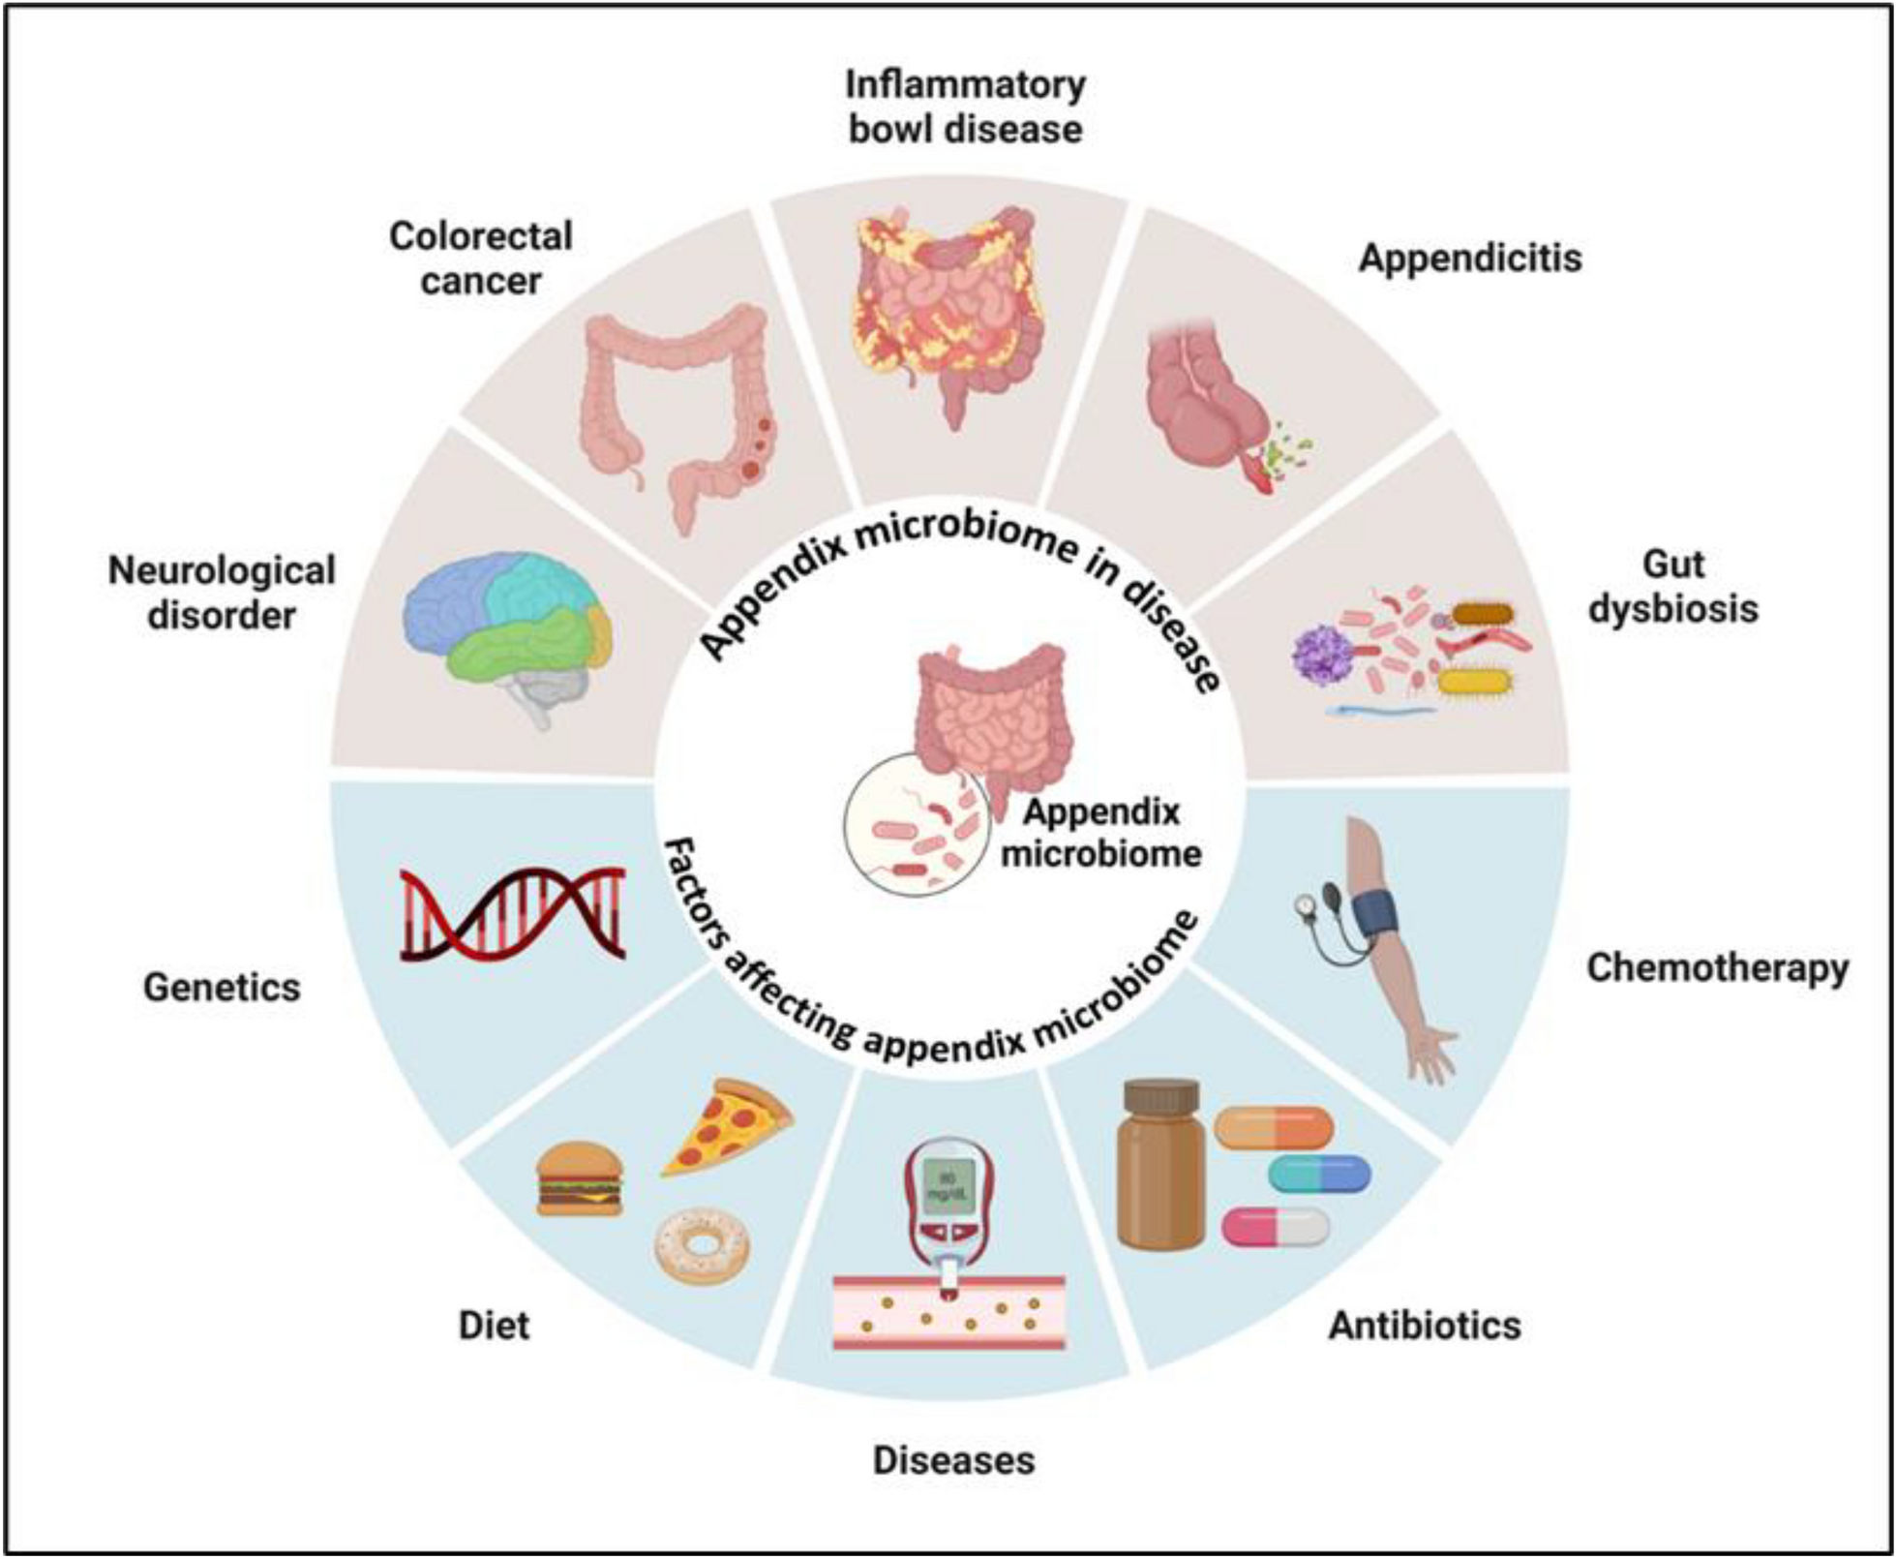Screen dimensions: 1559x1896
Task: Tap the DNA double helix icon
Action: tap(513, 913)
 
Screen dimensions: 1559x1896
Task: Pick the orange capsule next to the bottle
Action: tap(1274, 1128)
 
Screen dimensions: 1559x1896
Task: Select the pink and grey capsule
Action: tap(1275, 1227)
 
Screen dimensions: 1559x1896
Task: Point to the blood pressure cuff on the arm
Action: tap(1374, 914)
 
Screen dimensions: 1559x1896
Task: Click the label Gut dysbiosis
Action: tap(1673, 587)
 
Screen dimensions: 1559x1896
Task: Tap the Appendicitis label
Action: tap(1470, 259)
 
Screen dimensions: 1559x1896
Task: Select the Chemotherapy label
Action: tap(1717, 967)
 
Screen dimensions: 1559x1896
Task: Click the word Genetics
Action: tap(222, 988)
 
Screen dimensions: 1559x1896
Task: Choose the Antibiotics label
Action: tap(1425, 1326)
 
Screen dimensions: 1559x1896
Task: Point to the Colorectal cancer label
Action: tap(481, 259)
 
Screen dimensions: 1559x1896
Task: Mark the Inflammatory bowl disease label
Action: tap(965, 107)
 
